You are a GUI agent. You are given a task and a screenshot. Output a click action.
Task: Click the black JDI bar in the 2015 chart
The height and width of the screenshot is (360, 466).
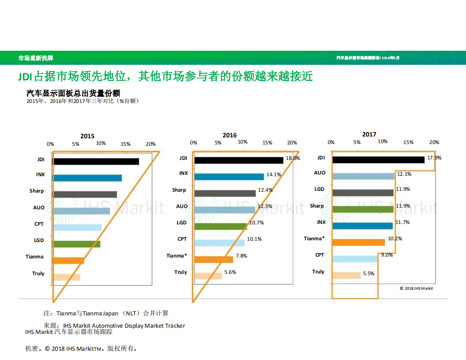(x=95, y=162)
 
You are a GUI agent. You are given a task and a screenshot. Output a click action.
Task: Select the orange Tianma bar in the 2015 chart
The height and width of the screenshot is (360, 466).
(x=68, y=261)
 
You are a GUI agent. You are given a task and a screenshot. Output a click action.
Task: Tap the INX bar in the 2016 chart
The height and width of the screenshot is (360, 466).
(x=229, y=177)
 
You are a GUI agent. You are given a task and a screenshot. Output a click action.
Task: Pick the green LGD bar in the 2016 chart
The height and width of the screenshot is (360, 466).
(x=220, y=226)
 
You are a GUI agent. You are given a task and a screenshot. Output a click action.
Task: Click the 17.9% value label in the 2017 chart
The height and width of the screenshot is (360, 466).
(x=434, y=158)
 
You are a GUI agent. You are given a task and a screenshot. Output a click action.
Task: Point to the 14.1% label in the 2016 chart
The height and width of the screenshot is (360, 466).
(x=274, y=174)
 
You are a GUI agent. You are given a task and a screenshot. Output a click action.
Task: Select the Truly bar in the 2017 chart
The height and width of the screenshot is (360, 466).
(x=346, y=275)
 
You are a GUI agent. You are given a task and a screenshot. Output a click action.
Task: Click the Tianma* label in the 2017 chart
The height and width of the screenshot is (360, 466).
(x=314, y=239)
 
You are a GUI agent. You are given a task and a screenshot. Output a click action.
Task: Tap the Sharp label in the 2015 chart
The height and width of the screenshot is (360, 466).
(x=37, y=191)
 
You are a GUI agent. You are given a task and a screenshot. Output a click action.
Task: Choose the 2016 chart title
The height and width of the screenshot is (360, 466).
(x=230, y=135)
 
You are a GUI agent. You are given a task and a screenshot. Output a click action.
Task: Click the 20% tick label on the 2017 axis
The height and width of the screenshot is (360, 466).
(x=434, y=142)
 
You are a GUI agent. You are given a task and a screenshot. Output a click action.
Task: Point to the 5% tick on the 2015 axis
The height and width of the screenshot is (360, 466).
(x=76, y=144)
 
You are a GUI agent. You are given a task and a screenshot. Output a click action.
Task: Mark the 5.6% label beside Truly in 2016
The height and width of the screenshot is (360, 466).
(x=230, y=272)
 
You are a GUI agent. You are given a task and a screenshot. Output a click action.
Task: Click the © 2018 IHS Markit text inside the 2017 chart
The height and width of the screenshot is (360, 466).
(x=416, y=288)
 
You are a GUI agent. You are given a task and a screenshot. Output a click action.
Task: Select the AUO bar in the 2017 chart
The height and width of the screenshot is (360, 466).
(x=363, y=176)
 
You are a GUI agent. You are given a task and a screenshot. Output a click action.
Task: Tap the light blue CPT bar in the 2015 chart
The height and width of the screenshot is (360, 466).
(x=77, y=227)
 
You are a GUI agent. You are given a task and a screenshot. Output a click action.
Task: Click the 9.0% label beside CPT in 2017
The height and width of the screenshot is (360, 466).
(x=387, y=255)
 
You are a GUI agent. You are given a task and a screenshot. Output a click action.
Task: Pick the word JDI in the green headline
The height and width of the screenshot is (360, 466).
(x=25, y=76)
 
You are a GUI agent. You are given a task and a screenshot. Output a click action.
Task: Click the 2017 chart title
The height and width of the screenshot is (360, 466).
(x=369, y=134)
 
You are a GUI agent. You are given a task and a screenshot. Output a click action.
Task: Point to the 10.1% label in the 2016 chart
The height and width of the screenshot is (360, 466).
(x=254, y=239)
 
